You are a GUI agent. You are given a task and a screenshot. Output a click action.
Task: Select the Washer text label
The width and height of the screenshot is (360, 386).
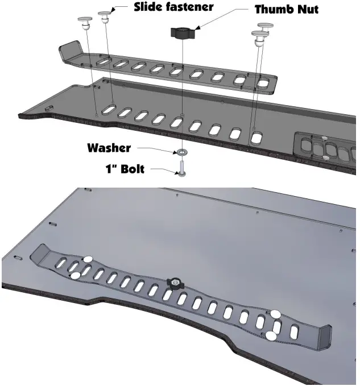pyautogui.click(x=109, y=148)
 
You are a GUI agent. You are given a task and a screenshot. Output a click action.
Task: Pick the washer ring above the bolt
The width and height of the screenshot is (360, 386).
pyautogui.click(x=181, y=152)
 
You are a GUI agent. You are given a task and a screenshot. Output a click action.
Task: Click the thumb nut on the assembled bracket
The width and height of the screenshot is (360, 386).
pyautogui.click(x=174, y=283)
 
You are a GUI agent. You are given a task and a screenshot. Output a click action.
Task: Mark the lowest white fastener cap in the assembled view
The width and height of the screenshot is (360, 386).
pyautogui.click(x=271, y=337)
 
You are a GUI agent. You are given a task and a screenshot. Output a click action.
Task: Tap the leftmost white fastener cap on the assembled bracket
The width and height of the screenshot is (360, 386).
pyautogui.click(x=75, y=276)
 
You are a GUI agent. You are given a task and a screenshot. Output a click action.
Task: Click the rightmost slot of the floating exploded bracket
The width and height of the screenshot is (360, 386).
pyautogui.click(x=264, y=83)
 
